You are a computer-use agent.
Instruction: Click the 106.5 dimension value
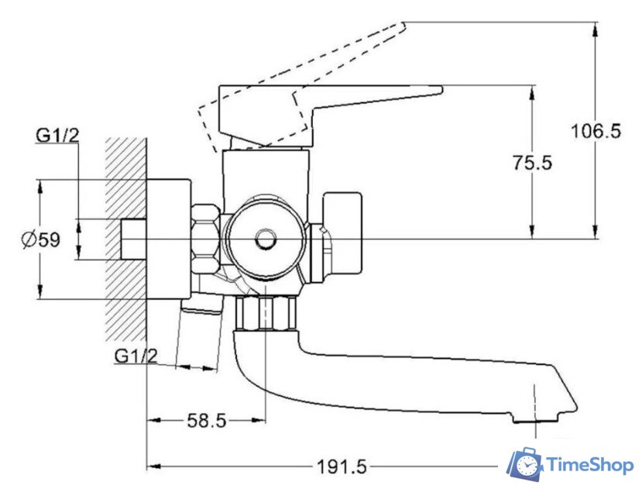pyautogui.click(x=596, y=131)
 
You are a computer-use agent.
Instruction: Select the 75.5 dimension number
pyautogui.click(x=532, y=163)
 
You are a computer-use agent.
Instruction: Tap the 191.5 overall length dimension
pyautogui.click(x=342, y=467)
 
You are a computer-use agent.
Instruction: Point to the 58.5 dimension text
pyautogui.click(x=206, y=420)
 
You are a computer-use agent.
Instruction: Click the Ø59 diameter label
pyautogui.click(x=41, y=239)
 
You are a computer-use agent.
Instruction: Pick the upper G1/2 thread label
pyautogui.click(x=57, y=136)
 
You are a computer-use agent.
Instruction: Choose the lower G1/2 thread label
pyautogui.click(x=136, y=356)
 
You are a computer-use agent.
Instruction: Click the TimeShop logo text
pyautogui.click(x=590, y=465)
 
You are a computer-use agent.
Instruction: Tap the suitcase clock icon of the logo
pyautogui.click(x=524, y=464)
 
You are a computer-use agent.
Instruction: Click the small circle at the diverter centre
pyautogui.click(x=266, y=239)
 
